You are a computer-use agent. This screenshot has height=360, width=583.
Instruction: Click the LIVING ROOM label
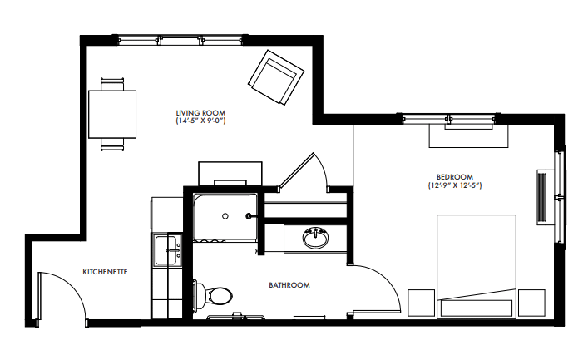[x=200, y=112]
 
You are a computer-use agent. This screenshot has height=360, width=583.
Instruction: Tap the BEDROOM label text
[x=455, y=177]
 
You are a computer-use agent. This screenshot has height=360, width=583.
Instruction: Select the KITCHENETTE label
[x=105, y=272]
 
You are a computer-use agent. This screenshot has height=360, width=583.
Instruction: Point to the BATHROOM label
[x=289, y=285]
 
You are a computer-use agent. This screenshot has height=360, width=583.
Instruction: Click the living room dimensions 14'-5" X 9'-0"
[x=200, y=121]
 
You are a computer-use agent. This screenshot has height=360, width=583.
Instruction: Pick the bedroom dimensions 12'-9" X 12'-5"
[x=455, y=185]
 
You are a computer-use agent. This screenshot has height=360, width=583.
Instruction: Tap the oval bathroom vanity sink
[x=315, y=238]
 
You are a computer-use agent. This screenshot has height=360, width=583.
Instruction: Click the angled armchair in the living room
[x=276, y=77]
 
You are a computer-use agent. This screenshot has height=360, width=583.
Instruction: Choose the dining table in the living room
[x=112, y=115]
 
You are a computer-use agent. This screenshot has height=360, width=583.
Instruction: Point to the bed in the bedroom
[x=476, y=266]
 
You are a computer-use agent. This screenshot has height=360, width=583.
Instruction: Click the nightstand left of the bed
[x=422, y=303]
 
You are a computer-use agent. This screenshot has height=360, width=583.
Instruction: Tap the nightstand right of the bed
[x=531, y=303]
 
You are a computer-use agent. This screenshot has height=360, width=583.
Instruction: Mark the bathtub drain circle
[x=225, y=216]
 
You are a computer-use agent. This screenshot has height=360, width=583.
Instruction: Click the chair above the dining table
[x=112, y=84]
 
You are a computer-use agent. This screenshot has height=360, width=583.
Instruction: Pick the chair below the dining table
[x=112, y=144]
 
